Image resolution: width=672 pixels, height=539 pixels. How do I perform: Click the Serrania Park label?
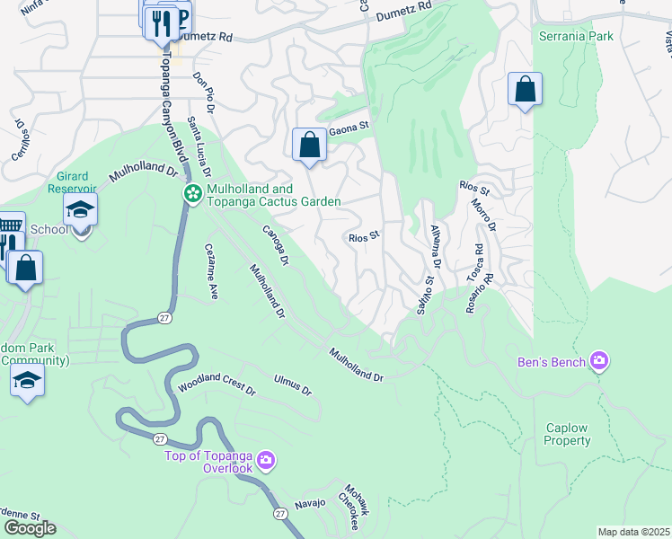pos(576,36)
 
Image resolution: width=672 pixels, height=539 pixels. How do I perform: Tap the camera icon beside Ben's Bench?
pos(599,362)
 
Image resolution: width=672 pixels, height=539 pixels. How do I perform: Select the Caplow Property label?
pos(566,435)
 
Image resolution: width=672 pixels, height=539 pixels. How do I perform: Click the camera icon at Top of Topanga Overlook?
pos(265,461)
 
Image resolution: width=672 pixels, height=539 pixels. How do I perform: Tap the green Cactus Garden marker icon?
pos(192,194)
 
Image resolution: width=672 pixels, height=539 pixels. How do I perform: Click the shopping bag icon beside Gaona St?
pos(309,145)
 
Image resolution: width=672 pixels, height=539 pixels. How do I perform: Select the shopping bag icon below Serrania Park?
pos(525,89)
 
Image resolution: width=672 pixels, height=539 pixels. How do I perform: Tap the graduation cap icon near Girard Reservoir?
pos(80,210)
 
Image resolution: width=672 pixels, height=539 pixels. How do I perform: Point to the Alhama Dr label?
pos(436,247)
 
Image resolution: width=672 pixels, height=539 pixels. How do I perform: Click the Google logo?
pos(30,528)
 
